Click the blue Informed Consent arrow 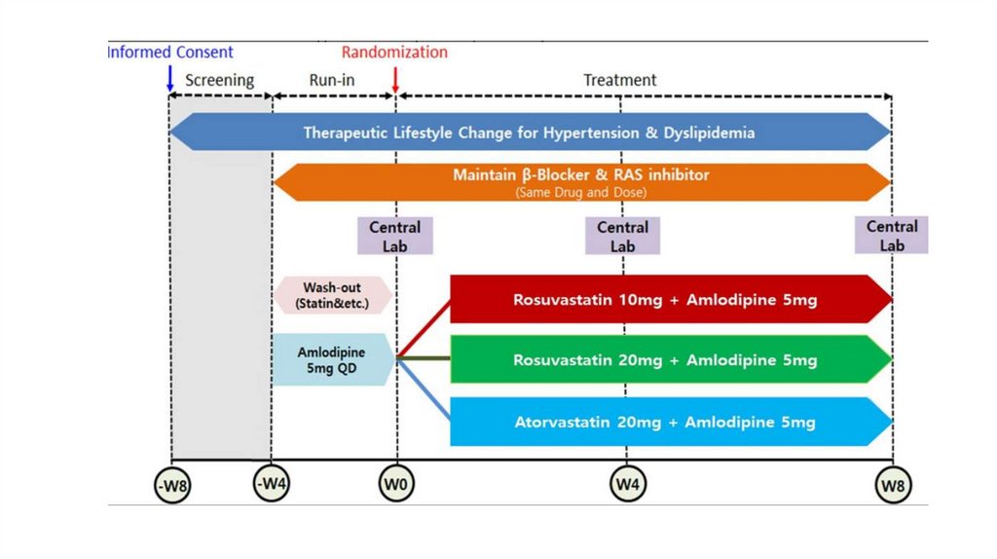[170, 77]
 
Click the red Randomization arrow [395, 78]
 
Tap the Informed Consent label [171, 52]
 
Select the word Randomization [394, 52]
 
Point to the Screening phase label [219, 80]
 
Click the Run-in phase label [332, 80]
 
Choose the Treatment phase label [620, 80]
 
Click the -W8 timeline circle [172, 485]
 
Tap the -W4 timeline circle [272, 482]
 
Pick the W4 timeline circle [625, 482]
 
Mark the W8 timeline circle [893, 484]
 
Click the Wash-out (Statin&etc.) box [333, 295]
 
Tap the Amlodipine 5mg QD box [333, 360]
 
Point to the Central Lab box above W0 [395, 236]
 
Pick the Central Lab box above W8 [892, 236]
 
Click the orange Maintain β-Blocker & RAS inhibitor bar [581, 182]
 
